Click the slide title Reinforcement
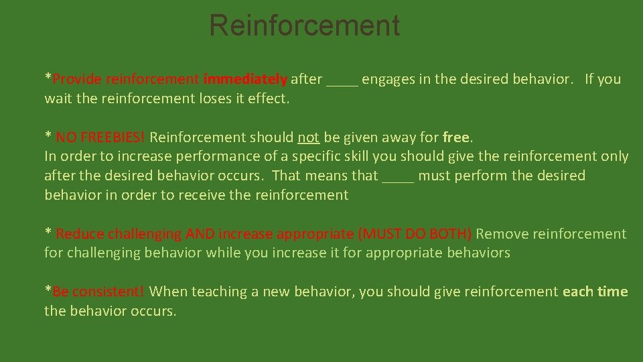pyautogui.click(x=304, y=25)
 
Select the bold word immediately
pyautogui.click(x=245, y=79)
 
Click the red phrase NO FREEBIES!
pyautogui.click(x=100, y=137)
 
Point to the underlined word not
pyautogui.click(x=308, y=137)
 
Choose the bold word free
pyautogui.click(x=457, y=137)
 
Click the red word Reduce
pyautogui.click(x=80, y=234)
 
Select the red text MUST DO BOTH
pyautogui.click(x=415, y=234)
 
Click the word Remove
pyautogui.click(x=500, y=234)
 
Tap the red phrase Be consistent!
pyautogui.click(x=98, y=292)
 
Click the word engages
pyautogui.click(x=388, y=79)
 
